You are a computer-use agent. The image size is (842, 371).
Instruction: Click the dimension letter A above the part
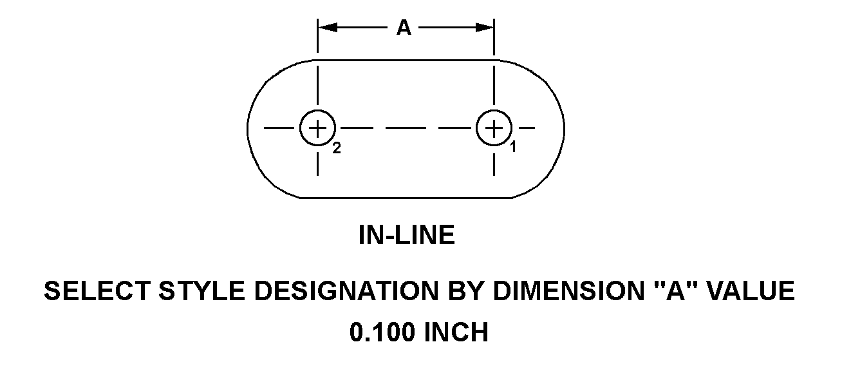404,28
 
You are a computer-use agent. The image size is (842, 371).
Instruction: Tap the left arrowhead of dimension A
328,28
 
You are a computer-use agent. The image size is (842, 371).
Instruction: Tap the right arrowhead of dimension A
485,28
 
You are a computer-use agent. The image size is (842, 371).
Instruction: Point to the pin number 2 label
337,148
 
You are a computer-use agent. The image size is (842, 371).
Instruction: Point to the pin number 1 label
513,147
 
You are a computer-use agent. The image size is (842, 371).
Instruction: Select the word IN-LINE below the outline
407,235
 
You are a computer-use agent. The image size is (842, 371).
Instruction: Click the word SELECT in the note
97,291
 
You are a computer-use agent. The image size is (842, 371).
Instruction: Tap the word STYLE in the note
202,291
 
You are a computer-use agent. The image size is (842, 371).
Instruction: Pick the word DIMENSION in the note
568,291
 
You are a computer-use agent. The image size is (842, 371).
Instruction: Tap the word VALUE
751,291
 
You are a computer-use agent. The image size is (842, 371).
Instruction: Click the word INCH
456,332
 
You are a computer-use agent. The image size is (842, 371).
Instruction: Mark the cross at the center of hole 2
317,128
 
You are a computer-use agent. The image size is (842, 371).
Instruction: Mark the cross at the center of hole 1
494,128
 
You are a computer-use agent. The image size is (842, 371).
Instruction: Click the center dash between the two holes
406,128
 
